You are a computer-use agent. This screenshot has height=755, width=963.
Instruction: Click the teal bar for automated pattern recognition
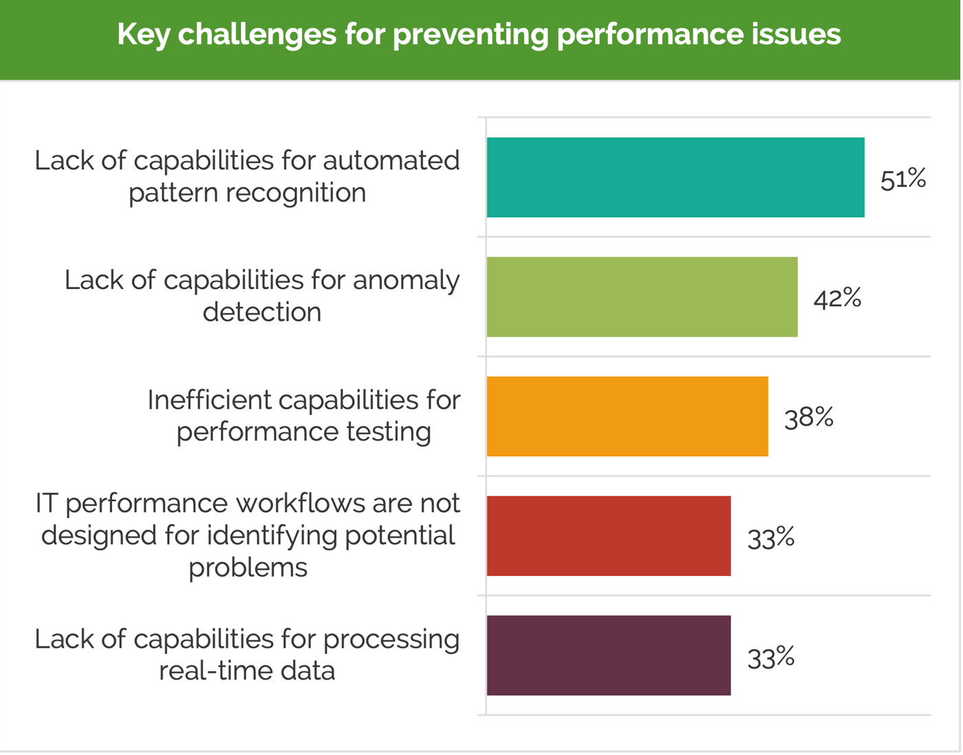(675, 178)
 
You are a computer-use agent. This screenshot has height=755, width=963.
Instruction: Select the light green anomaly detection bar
(642, 297)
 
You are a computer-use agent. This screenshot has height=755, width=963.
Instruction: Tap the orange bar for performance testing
(627, 416)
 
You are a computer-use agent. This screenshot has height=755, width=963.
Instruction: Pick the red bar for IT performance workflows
(608, 536)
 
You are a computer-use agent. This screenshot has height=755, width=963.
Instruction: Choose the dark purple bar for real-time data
(608, 655)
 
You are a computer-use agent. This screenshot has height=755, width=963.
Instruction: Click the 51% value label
(903, 179)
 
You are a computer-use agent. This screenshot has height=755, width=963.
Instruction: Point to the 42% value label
(837, 299)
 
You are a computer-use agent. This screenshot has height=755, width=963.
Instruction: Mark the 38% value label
(808, 418)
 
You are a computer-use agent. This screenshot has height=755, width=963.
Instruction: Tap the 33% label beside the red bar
(770, 538)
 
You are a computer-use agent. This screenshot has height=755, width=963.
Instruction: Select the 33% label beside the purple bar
(770, 657)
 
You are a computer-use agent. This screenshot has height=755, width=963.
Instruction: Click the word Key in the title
(143, 34)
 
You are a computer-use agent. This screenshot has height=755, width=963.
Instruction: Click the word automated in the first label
(391, 160)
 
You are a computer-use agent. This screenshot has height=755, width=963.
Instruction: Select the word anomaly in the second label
(406, 280)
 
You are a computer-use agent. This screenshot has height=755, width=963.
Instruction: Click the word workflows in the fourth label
(300, 503)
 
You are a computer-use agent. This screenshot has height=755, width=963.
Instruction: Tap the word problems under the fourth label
(248, 568)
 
